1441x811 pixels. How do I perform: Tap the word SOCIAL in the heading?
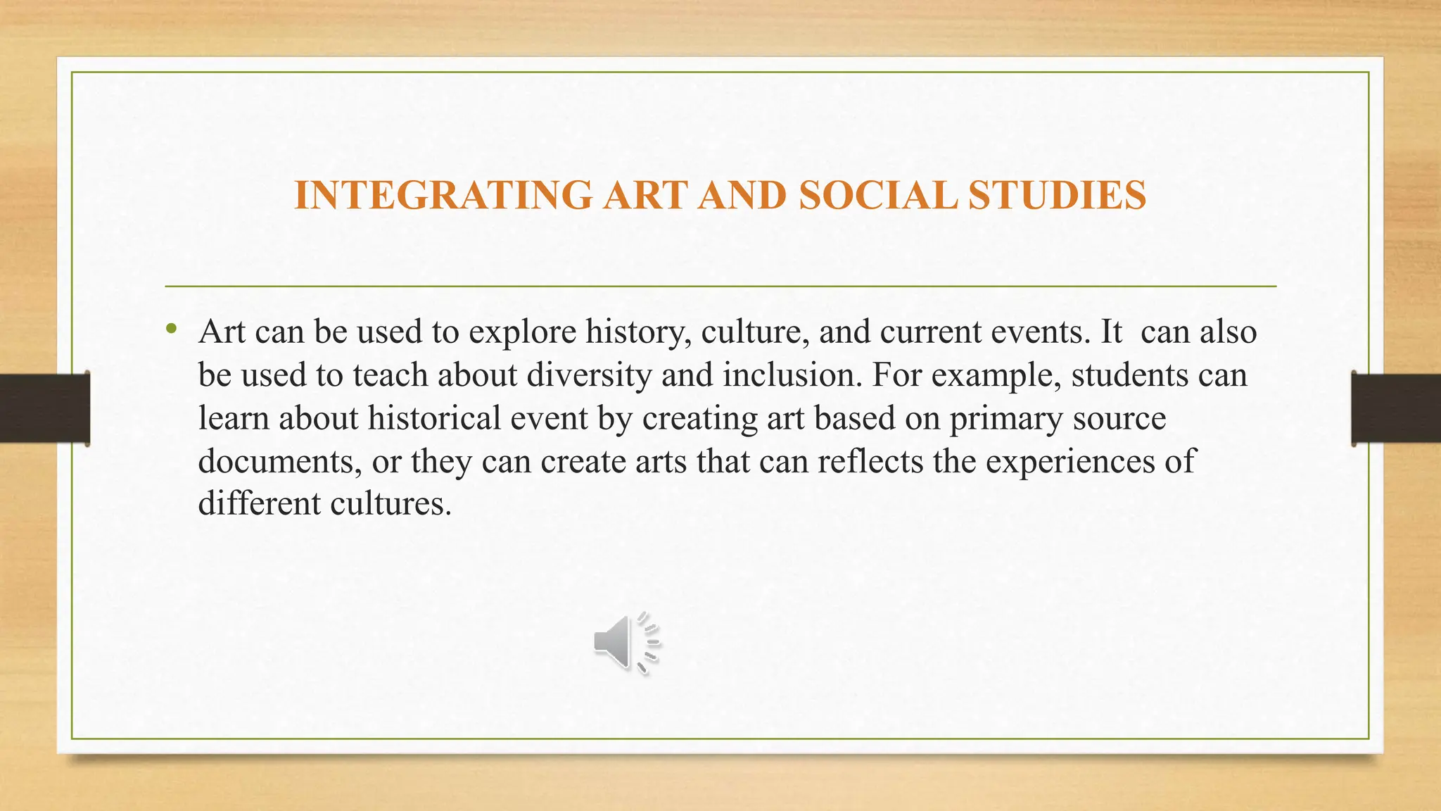pos(877,195)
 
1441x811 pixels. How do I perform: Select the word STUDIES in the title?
pos(1057,195)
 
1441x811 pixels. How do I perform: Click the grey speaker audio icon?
pos(626,643)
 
